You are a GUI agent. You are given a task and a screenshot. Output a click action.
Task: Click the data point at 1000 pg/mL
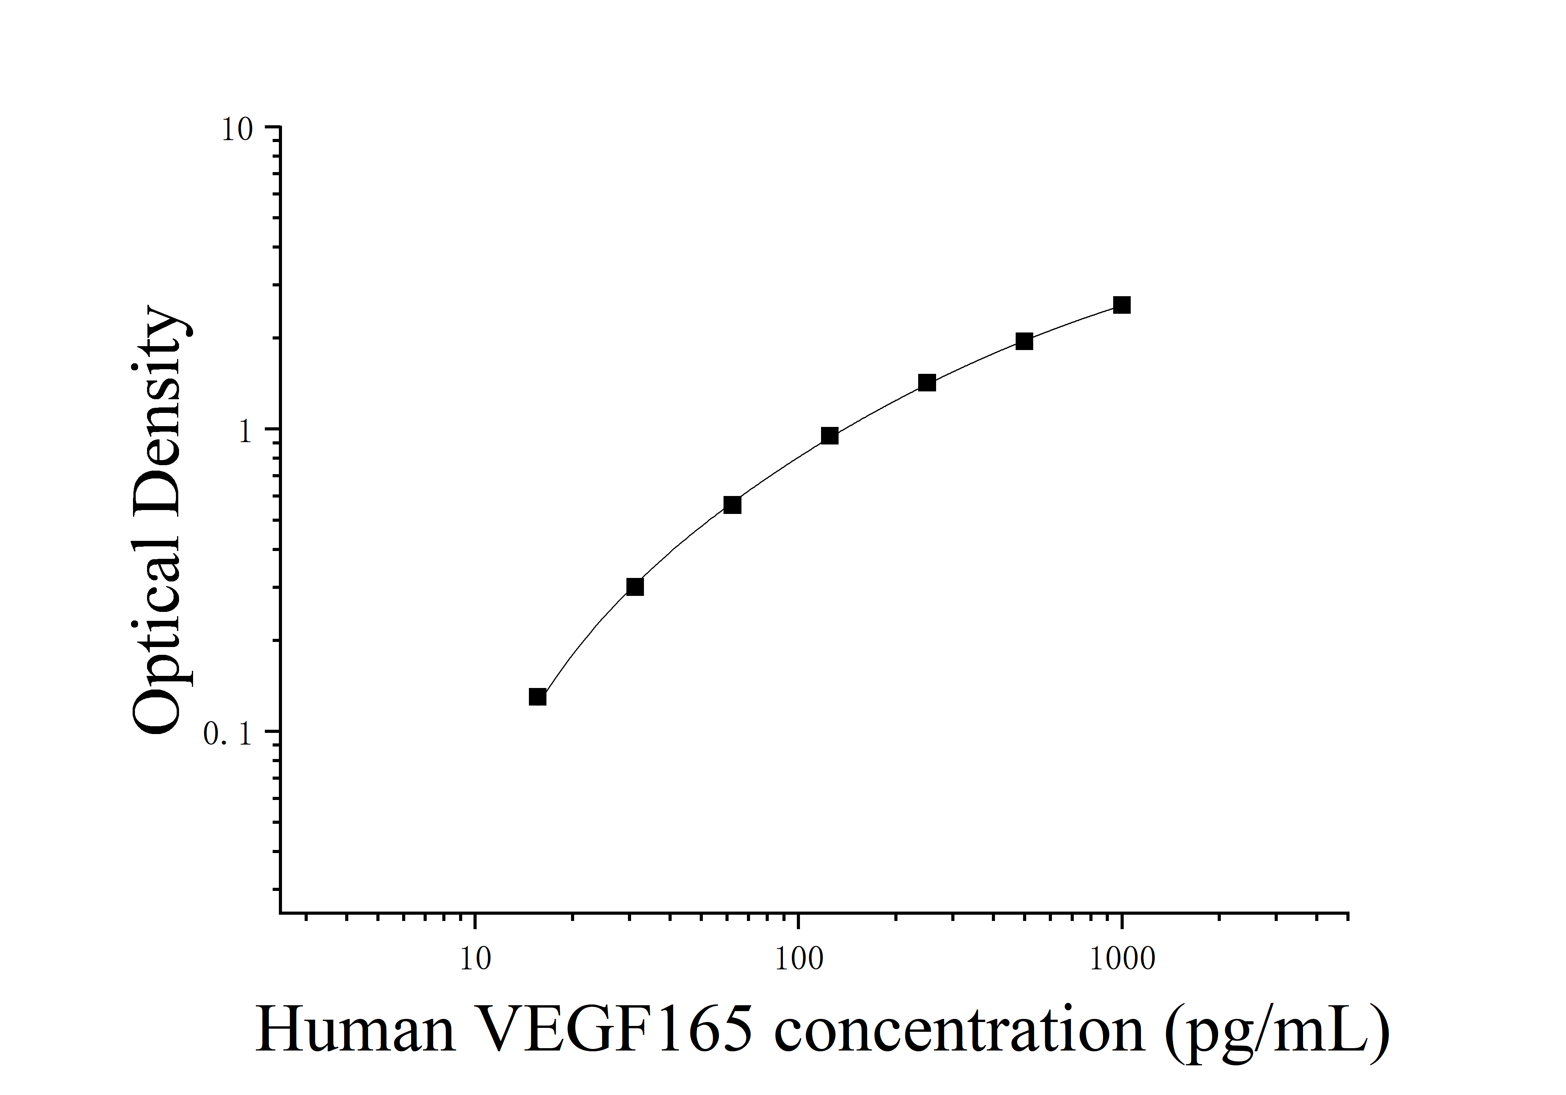pyautogui.click(x=1121, y=305)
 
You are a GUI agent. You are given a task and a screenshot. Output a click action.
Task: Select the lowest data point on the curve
pyautogui.click(x=537, y=697)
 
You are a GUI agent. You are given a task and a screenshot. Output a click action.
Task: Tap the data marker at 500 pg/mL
pyautogui.click(x=1024, y=341)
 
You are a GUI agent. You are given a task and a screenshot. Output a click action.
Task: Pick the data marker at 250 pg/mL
pyautogui.click(x=926, y=383)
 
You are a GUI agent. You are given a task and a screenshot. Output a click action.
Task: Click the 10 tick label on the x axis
pyautogui.click(x=475, y=959)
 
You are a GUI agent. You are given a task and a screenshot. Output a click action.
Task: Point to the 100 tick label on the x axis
pyautogui.click(x=799, y=959)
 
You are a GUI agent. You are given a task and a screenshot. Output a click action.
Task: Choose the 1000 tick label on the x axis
pyautogui.click(x=1122, y=959)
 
